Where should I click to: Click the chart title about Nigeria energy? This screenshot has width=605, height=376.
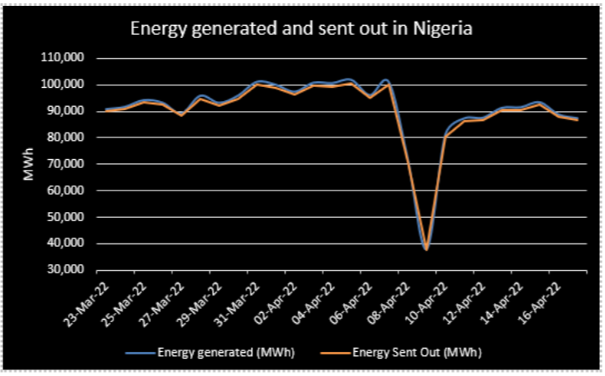302,30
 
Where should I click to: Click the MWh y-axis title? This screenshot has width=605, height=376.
27,164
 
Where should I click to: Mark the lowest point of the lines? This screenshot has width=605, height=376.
426,248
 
